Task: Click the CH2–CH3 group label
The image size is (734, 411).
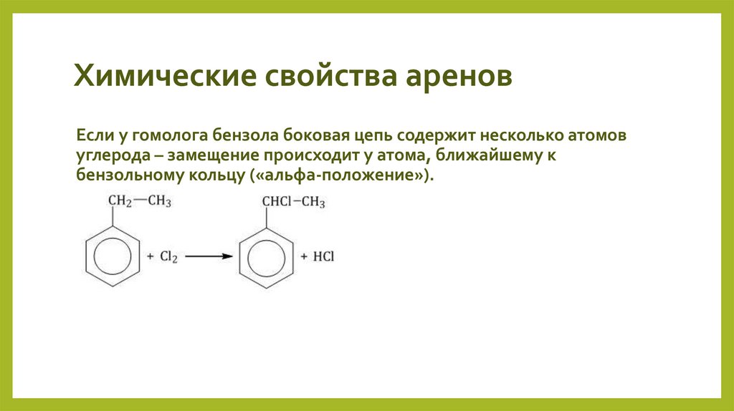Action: (x=139, y=203)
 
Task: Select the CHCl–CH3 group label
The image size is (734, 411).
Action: (x=293, y=203)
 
